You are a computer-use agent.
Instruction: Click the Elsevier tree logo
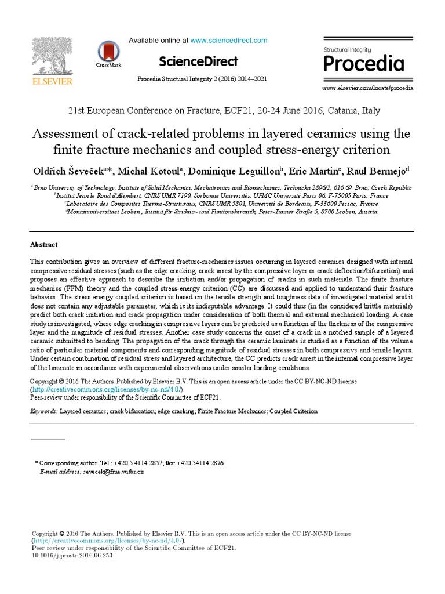point(52,55)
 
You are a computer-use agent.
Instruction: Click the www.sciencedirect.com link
point(229,41)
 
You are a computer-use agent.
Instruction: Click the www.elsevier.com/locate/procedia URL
point(367,88)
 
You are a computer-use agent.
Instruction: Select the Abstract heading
point(44,245)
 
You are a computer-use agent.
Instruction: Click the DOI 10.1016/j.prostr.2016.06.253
point(72,555)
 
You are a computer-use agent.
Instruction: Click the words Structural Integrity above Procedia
point(347,50)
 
